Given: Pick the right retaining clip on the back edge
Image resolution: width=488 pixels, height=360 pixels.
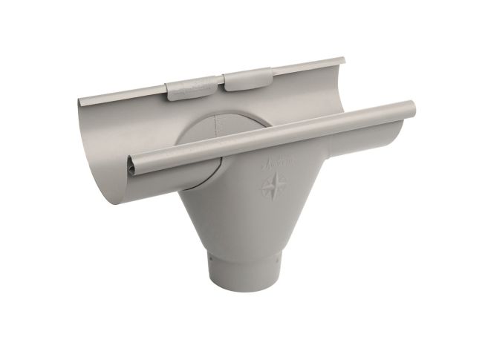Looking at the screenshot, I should pos(248,79).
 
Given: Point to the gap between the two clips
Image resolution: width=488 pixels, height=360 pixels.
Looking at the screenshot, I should pos(221,82).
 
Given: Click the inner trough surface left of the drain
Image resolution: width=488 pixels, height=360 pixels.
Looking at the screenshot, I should pos(149,126).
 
